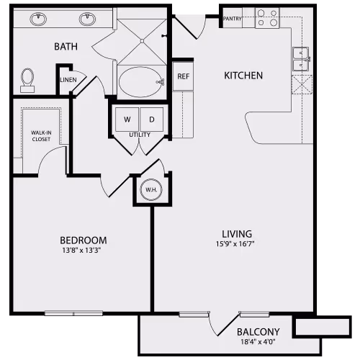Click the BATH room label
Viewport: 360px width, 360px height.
pyautogui.click(x=66, y=48)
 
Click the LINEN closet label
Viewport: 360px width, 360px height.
pyautogui.click(x=68, y=80)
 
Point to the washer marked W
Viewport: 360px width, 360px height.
pyautogui.click(x=127, y=118)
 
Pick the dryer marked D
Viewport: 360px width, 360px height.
pyautogui.click(x=152, y=118)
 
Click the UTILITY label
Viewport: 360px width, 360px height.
pyautogui.click(x=139, y=135)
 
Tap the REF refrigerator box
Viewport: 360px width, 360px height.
pyautogui.click(x=183, y=76)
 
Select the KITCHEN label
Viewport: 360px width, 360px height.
pyautogui.click(x=243, y=75)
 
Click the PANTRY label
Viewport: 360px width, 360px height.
pyautogui.click(x=233, y=19)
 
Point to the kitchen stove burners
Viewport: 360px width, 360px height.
pyautogui.click(x=268, y=18)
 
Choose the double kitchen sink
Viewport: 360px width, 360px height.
pyautogui.click(x=302, y=59)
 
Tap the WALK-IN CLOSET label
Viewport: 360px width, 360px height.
pyautogui.click(x=40, y=136)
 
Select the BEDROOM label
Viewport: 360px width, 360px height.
pyautogui.click(x=83, y=240)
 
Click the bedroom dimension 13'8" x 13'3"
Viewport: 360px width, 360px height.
pyautogui.click(x=83, y=251)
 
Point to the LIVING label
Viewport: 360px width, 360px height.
pyautogui.click(x=236, y=234)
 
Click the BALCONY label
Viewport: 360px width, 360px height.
pyautogui.click(x=258, y=331)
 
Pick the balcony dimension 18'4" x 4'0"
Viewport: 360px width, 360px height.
pyautogui.click(x=258, y=342)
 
